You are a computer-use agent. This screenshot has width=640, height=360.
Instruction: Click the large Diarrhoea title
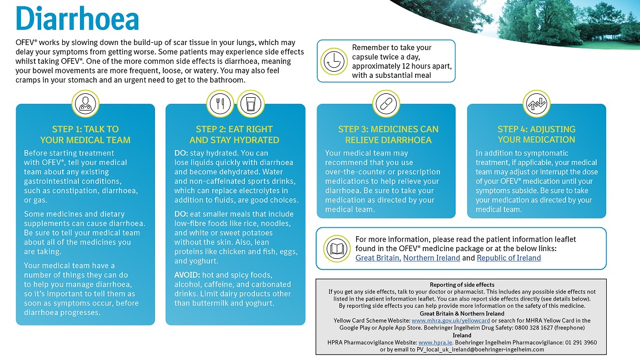77,19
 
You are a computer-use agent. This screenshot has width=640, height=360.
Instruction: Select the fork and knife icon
219,103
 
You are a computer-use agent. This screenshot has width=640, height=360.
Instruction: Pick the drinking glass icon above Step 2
250,103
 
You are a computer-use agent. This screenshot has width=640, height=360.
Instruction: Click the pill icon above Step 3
384,103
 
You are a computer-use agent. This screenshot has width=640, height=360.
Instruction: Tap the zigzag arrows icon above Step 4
536,103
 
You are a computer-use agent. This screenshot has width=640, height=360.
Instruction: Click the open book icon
336,248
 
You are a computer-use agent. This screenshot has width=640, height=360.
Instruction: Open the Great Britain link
378,258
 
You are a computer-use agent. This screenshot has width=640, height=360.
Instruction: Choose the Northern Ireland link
431,258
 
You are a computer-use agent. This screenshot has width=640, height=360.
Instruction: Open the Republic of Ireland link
508,258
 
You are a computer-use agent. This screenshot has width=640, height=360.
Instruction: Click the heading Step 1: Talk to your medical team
85,134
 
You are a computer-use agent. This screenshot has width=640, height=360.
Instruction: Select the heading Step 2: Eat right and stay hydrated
234,134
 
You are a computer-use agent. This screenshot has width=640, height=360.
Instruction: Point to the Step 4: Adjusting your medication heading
536,134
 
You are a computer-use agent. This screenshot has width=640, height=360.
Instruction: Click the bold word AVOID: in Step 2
187,275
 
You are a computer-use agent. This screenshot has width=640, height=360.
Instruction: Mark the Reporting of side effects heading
462,284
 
